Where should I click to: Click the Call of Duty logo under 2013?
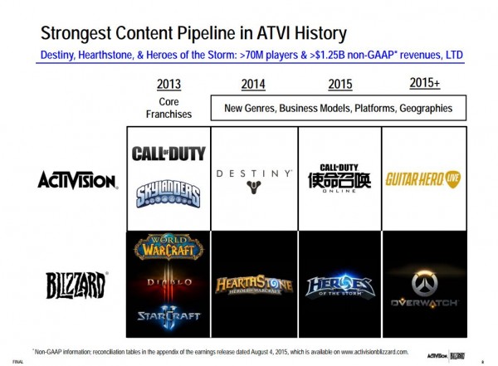pyautogui.click(x=168, y=154)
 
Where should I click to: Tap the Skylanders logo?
pyautogui.click(x=168, y=196)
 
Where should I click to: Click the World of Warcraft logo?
pyautogui.click(x=168, y=246)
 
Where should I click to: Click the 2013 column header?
pyautogui.click(x=168, y=84)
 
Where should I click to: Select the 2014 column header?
pyautogui.click(x=253, y=84)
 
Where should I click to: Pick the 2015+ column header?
pyautogui.click(x=425, y=83)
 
